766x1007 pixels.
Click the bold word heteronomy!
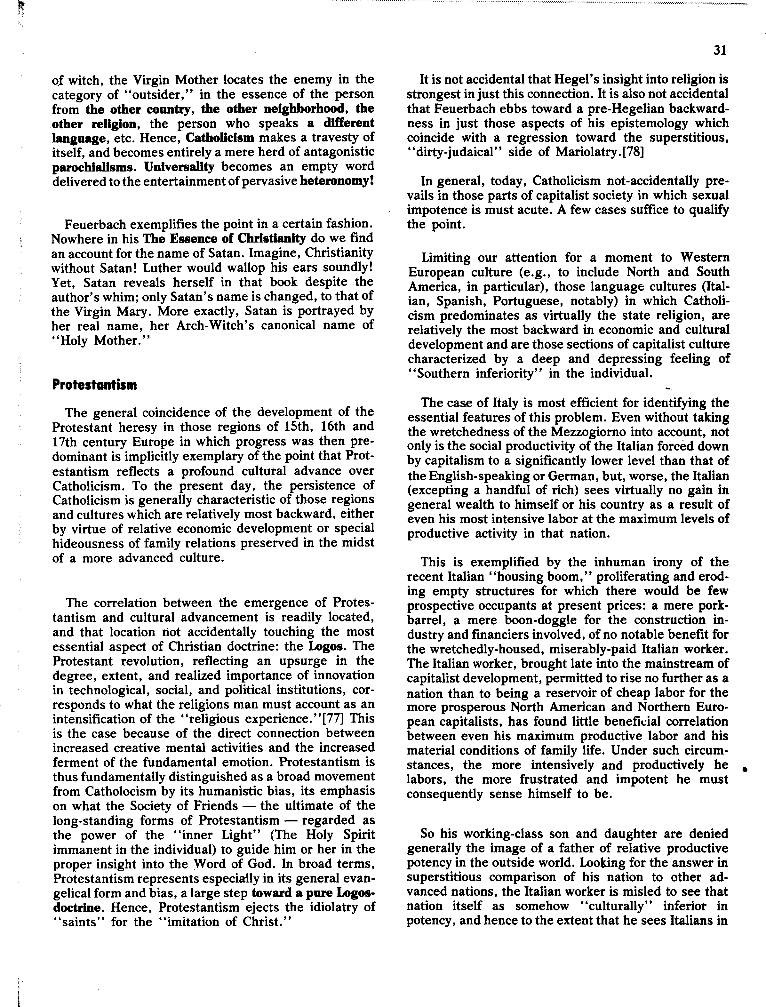(x=337, y=181)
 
